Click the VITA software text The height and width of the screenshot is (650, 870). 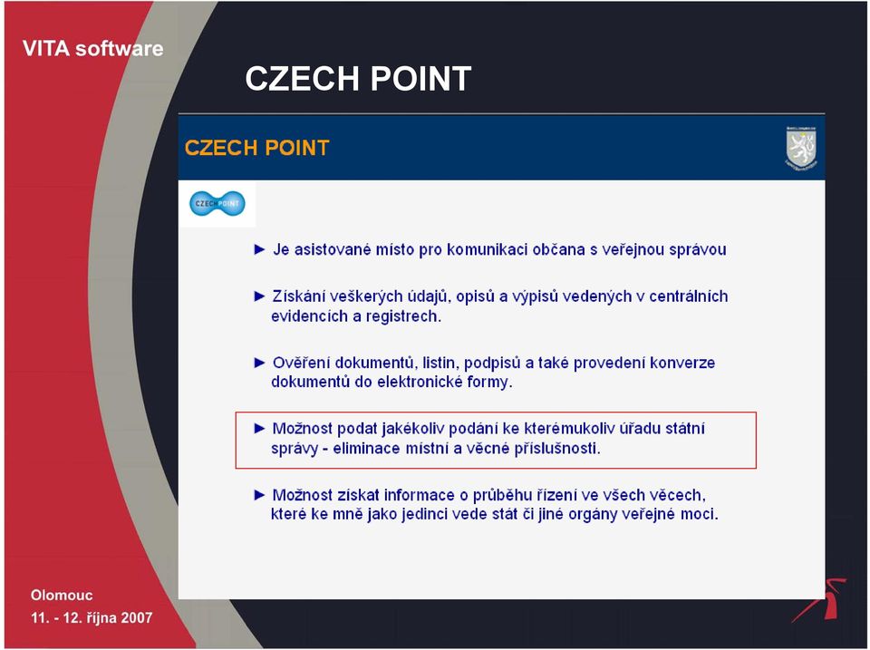click(x=92, y=48)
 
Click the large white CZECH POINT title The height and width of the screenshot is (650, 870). click(x=358, y=78)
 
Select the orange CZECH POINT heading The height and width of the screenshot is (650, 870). click(x=256, y=148)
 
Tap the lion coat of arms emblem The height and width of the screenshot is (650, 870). click(x=801, y=148)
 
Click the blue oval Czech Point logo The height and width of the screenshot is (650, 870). click(x=217, y=204)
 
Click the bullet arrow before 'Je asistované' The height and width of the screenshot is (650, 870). click(x=259, y=250)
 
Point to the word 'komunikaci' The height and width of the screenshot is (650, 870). click(x=488, y=250)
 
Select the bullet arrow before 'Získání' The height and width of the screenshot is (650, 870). click(x=259, y=296)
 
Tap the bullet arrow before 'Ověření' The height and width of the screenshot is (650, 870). click(x=259, y=363)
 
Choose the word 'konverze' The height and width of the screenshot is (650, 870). click(x=681, y=363)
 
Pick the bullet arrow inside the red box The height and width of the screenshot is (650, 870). click(x=259, y=429)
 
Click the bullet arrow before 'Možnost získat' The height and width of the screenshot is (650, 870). click(x=259, y=495)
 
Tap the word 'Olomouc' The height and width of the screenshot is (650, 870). click(x=62, y=595)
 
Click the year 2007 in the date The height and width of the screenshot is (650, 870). click(x=137, y=617)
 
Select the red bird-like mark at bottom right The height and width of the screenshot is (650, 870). click(x=822, y=600)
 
